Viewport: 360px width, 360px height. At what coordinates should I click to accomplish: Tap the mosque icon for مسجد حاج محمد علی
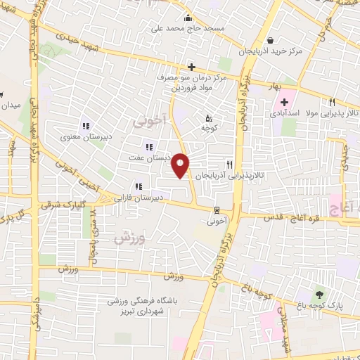[188, 19]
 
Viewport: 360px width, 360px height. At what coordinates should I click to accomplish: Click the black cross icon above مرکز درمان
[191, 66]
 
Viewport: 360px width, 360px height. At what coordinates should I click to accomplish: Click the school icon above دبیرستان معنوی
[85, 127]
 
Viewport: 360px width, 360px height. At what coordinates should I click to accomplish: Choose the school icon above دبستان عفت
[148, 147]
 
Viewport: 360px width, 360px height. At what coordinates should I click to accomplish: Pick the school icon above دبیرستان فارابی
[138, 186]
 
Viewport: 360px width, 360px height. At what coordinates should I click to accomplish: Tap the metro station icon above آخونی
[217, 210]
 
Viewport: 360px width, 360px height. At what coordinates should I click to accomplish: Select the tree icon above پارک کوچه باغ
[321, 294]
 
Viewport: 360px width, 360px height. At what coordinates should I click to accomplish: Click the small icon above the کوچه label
[208, 118]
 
